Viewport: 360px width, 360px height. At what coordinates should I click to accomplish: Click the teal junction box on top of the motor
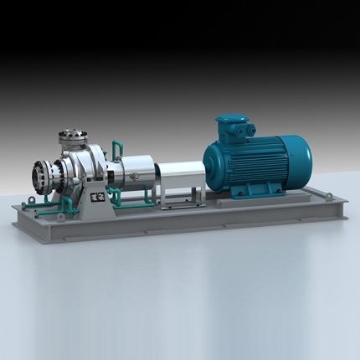(x=234, y=126)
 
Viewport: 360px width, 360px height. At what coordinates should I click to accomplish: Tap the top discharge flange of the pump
(x=73, y=134)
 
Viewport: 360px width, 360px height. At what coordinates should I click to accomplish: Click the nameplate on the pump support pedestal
(x=95, y=198)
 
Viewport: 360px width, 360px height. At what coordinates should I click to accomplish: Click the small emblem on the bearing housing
(x=131, y=175)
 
